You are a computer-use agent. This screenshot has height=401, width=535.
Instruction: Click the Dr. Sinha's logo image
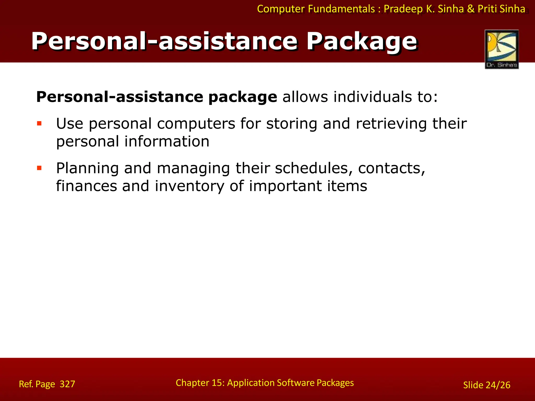click(502, 49)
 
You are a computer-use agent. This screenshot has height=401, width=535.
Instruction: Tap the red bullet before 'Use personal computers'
click(39, 123)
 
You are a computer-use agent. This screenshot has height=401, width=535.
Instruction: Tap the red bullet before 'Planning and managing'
click(39, 168)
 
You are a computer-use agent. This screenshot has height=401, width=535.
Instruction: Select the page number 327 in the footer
click(67, 384)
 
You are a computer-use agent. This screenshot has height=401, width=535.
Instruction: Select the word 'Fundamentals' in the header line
click(341, 9)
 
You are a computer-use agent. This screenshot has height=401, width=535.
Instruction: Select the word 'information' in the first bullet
click(167, 141)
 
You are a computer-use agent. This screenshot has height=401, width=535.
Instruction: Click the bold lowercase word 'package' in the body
click(243, 97)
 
